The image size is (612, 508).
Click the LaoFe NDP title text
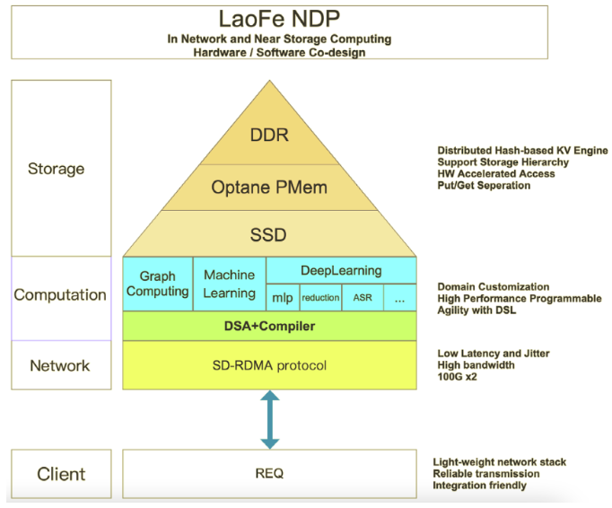[279, 19]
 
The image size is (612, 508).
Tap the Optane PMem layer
[270, 188]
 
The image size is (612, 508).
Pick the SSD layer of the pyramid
[270, 235]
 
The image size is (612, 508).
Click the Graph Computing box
[158, 284]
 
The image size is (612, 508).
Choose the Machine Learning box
[230, 284]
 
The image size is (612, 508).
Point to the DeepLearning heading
[342, 270]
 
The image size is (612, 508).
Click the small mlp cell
[282, 297]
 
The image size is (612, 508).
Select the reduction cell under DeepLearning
[320, 297]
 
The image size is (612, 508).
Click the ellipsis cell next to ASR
[399, 297]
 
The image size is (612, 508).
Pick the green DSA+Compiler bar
[270, 326]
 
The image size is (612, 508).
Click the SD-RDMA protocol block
[270, 365]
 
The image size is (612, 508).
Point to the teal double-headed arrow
[269, 419]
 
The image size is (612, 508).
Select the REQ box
[270, 473]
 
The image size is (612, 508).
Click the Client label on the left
[61, 474]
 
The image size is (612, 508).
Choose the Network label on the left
[60, 365]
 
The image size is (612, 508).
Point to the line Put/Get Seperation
[484, 186]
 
